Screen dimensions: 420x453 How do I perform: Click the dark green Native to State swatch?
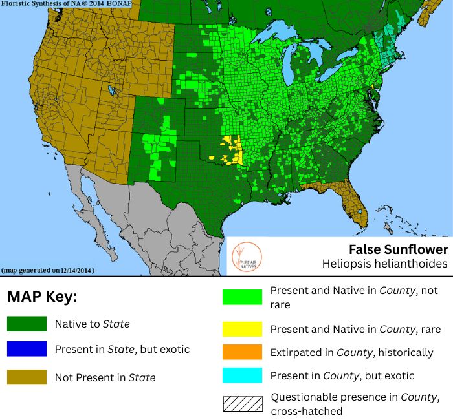[27, 324]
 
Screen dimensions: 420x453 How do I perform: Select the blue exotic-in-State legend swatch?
[27, 349]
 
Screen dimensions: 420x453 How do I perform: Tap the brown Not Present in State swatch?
[27, 377]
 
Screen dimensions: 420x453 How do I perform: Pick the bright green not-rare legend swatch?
[242, 297]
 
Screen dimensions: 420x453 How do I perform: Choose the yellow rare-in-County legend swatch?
[242, 329]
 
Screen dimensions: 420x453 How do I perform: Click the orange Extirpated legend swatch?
[242, 353]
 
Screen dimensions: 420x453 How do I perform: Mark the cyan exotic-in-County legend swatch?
[242, 375]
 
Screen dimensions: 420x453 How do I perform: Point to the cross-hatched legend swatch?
[242, 403]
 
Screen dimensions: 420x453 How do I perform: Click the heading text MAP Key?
[42, 298]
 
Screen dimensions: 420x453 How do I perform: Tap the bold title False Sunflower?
[398, 249]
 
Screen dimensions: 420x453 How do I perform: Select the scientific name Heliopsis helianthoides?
[384, 264]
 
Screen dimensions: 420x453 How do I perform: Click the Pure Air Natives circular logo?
[245, 257]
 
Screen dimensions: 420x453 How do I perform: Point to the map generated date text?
[49, 269]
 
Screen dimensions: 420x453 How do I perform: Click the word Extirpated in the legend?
[295, 353]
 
